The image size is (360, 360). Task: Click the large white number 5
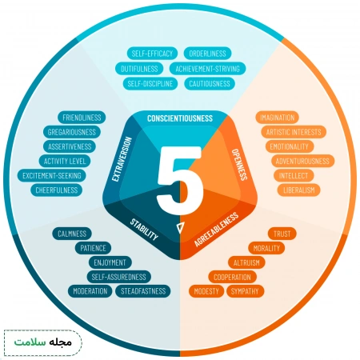point(179,180)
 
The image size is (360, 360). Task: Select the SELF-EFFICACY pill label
point(152,54)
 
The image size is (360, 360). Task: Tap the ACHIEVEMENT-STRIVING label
point(207,69)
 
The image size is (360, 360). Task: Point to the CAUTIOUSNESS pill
point(210,84)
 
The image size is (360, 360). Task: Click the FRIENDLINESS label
point(82,118)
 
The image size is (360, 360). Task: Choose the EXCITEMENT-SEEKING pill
point(52,175)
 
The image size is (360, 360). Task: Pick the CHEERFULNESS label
point(57,190)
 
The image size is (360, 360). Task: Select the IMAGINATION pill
point(277,118)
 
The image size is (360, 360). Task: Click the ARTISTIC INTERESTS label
point(294,132)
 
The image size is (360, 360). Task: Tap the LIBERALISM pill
point(299,190)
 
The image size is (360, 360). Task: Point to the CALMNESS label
point(72,234)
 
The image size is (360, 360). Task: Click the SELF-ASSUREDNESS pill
point(119,277)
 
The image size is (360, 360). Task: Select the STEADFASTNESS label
point(143,291)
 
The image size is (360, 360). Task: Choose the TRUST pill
point(282,234)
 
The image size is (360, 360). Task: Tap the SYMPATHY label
point(245,291)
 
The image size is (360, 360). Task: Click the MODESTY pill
point(206,291)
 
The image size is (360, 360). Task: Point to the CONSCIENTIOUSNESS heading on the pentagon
point(180,118)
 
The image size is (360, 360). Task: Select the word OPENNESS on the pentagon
point(239,164)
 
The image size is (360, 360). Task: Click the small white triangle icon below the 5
point(180,227)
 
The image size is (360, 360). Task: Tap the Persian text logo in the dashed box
point(43,342)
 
